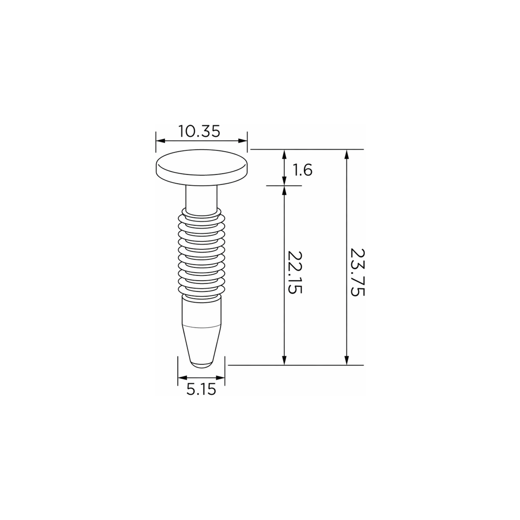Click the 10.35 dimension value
(x=199, y=131)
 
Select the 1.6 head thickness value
(x=303, y=170)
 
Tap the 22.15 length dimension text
(x=294, y=272)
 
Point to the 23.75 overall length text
(x=357, y=272)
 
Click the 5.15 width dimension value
(x=201, y=390)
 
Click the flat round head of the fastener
(x=202, y=167)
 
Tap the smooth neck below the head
(x=201, y=198)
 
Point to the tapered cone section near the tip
(x=202, y=343)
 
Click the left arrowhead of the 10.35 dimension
(x=161, y=141)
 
